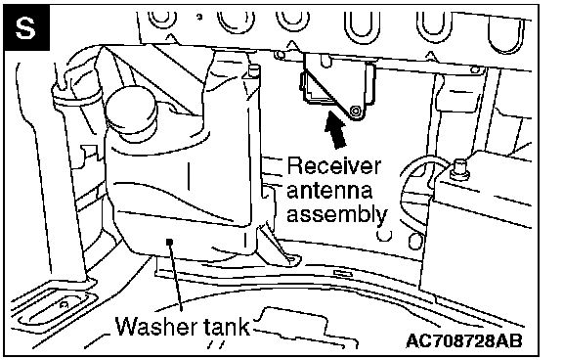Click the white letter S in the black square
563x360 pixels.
pos(25,28)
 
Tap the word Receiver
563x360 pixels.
pos(333,166)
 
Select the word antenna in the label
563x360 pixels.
pos(329,190)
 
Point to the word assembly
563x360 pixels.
pos(337,214)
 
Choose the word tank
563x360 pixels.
pos(227,327)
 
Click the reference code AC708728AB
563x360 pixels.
pos(464,340)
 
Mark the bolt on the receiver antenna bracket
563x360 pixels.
pos(356,111)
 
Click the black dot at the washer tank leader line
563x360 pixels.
pos(170,242)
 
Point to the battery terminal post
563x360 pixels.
pos(460,168)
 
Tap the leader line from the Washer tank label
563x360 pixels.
pos(176,276)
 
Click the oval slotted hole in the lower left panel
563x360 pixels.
pos(58,307)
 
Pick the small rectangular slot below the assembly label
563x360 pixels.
pos(343,273)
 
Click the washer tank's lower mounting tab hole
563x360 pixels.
pos(290,259)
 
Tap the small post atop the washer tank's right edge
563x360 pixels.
pos(254,70)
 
